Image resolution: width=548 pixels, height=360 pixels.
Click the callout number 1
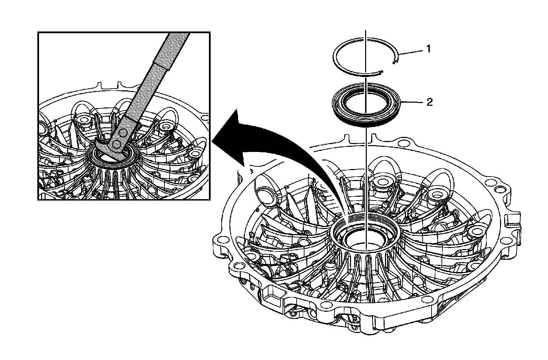428,49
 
